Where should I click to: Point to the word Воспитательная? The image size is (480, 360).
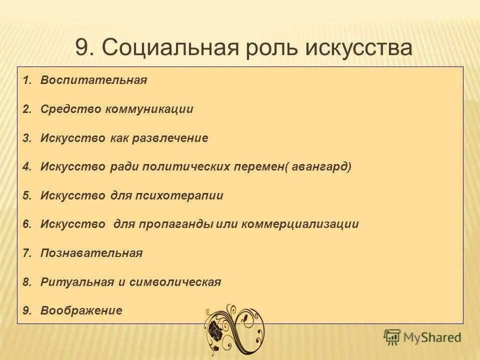point(94,80)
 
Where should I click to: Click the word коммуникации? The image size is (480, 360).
point(149,109)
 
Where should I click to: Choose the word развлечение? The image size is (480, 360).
point(170,138)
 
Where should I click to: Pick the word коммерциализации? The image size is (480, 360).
point(300,224)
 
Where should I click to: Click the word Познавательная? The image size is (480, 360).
point(92,253)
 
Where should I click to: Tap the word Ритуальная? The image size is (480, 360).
point(77,282)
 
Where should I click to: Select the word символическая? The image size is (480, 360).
point(175,282)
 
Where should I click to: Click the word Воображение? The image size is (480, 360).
point(81,310)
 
